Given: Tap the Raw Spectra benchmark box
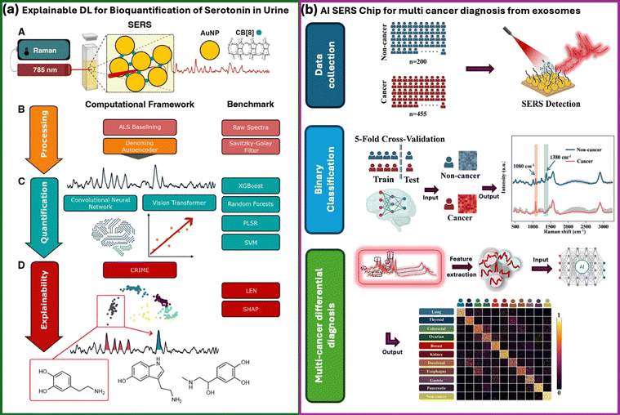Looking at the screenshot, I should [x=249, y=127].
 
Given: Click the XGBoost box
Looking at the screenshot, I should [x=249, y=185].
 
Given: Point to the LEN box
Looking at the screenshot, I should [x=249, y=290].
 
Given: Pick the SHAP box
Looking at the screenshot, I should [x=249, y=310].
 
